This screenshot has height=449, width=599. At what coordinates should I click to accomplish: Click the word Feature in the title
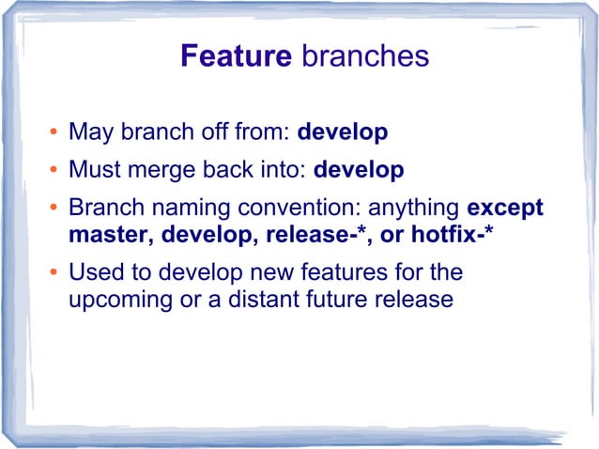(236, 56)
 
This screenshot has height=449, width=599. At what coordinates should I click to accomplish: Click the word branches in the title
(364, 56)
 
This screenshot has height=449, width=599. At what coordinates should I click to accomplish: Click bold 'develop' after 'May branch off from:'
(342, 132)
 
